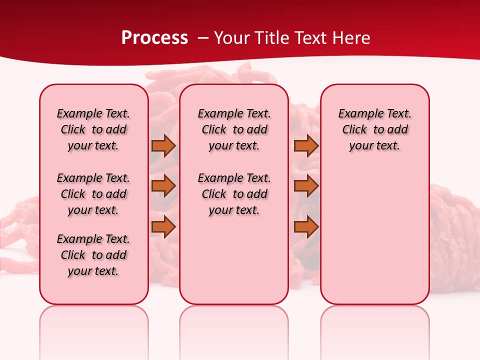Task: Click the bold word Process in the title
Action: (154, 38)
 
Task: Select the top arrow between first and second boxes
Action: (163, 146)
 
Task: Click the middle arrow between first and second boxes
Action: (163, 186)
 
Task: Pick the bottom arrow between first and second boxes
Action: (163, 226)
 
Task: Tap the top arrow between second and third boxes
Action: (306, 146)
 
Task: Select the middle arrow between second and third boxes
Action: (306, 186)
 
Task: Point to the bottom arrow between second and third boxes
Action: (306, 226)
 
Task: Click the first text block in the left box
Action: (93, 129)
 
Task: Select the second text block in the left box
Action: (93, 194)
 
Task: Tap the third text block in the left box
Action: (93, 255)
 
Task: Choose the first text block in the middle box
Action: (234, 129)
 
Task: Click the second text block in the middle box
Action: (234, 194)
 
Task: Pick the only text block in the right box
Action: (375, 129)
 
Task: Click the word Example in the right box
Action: (359, 113)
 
